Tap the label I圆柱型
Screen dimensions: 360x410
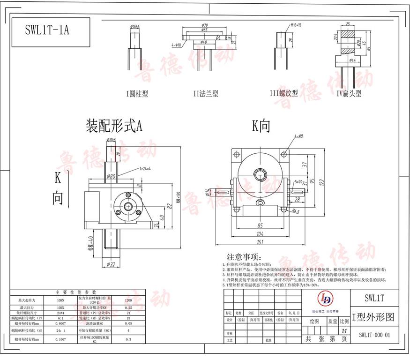coord(137,94)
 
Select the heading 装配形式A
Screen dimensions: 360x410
coord(114,125)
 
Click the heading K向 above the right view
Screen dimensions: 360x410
coord(261,126)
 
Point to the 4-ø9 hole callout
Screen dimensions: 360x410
coord(299,136)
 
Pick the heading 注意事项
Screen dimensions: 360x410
coord(243,257)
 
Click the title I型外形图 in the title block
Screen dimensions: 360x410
coord(373,317)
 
